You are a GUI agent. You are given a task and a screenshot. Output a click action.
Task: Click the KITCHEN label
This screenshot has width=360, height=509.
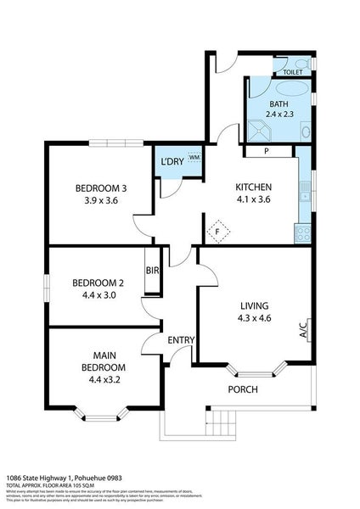[x=253, y=187]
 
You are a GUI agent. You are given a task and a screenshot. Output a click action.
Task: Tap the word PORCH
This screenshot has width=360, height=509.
[x=243, y=389]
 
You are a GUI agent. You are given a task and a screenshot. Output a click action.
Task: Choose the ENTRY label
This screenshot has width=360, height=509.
[x=181, y=340]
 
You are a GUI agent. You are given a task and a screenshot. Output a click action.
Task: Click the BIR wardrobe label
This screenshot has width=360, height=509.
[x=153, y=271]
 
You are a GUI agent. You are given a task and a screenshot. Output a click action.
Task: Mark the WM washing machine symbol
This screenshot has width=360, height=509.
[x=194, y=157]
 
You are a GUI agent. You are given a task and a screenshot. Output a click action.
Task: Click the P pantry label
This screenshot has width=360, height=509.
[x=266, y=153]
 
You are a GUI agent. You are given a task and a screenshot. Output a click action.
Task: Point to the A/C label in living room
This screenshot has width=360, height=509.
[x=302, y=328]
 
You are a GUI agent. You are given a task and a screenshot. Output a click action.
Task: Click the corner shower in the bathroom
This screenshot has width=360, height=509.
[x=257, y=130]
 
